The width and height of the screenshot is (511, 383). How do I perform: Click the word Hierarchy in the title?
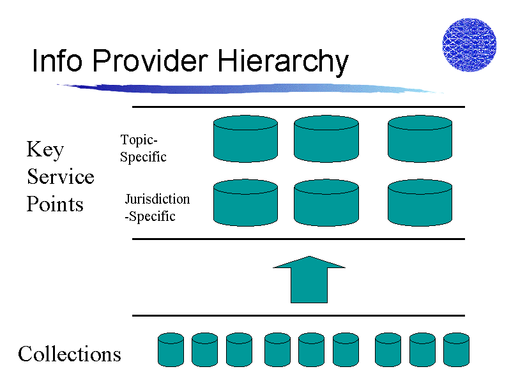point(283,62)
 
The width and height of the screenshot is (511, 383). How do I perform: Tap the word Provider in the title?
point(151,60)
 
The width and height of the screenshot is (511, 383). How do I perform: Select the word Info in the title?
point(57,60)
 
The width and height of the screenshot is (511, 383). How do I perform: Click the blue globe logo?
point(469,45)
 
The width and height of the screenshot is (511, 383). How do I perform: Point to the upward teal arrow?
point(309,280)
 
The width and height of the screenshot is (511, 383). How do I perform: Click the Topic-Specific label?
point(143,148)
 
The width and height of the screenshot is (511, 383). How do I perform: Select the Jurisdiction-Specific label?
point(157,207)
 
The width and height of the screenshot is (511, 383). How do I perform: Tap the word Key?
point(45,150)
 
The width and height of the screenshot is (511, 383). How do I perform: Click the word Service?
point(61,177)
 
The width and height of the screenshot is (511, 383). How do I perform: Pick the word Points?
point(55,204)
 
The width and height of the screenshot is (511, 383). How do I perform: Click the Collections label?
point(70,354)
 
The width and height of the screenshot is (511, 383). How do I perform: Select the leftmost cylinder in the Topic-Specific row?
point(245,139)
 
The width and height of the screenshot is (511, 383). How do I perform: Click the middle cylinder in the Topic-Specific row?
point(326,139)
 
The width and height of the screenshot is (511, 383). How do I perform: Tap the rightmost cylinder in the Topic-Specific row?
point(420,139)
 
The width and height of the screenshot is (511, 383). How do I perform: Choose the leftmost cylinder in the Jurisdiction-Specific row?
point(245,202)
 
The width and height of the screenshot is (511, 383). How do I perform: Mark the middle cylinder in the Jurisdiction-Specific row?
point(326,202)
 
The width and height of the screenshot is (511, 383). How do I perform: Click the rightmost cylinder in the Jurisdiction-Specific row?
point(420,202)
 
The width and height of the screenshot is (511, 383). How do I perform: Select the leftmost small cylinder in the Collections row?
point(171,350)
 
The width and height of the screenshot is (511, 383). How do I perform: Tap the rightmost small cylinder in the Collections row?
point(456,350)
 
